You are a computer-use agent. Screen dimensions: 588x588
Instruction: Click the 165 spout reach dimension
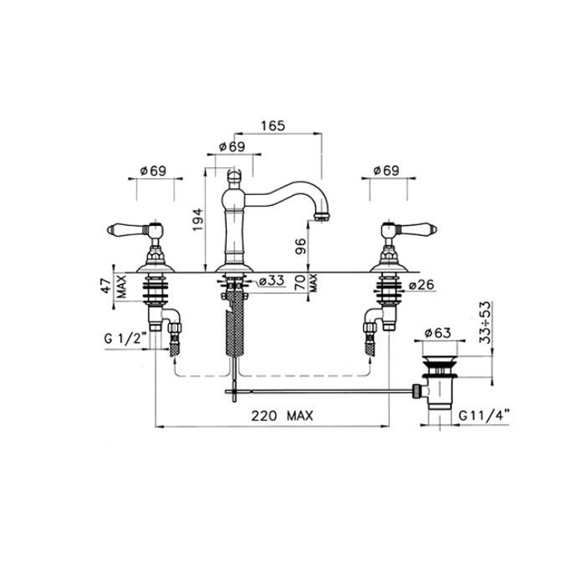pyautogui.click(x=273, y=126)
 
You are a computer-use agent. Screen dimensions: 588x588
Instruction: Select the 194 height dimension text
pyautogui.click(x=197, y=219)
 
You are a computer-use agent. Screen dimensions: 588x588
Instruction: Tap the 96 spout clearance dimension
pyautogui.click(x=301, y=246)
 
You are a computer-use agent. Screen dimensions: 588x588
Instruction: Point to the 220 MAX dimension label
pyautogui.click(x=282, y=416)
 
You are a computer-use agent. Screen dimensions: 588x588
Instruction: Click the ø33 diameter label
pyautogui.click(x=271, y=280)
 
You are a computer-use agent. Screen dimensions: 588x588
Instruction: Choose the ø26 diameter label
pyautogui.click(x=421, y=285)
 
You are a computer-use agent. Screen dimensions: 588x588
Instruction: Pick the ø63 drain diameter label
pyautogui.click(x=438, y=333)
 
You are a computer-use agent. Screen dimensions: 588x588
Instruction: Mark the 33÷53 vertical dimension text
pyautogui.click(x=486, y=322)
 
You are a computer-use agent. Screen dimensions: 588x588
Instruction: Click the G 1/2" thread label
pyautogui.click(x=125, y=339)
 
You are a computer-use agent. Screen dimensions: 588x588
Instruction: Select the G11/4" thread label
pyautogui.click(x=484, y=416)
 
